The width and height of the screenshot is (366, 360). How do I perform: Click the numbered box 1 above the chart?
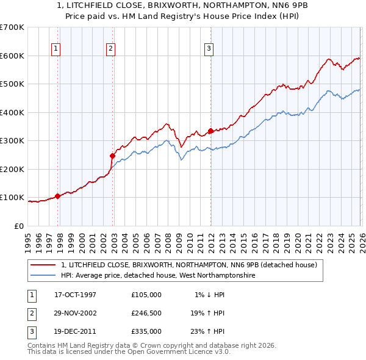click(56, 49)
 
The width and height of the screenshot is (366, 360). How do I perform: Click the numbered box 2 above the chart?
click(110, 49)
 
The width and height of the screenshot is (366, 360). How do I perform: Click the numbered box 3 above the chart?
click(209, 49)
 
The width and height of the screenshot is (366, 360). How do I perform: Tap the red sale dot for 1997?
click(58, 196)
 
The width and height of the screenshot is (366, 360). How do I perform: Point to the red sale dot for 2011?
click(210, 131)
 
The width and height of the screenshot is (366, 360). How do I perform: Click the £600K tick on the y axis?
click(12, 56)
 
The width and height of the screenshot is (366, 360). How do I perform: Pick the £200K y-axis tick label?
click(12, 169)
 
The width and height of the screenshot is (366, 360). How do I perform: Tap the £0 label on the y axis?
click(19, 226)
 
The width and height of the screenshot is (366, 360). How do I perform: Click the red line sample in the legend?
click(43, 265)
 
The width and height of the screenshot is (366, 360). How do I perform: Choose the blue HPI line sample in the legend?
click(43, 276)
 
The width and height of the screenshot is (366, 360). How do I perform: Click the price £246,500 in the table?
click(146, 313)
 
